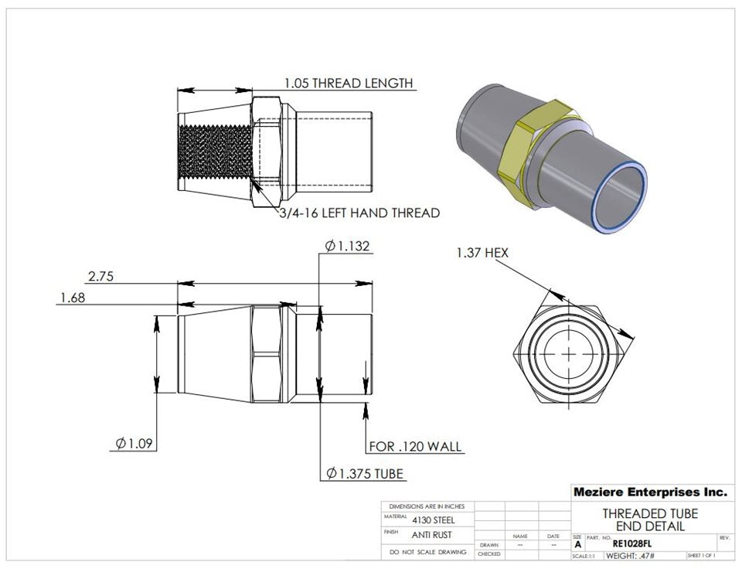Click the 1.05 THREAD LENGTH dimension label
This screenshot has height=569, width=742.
pos(348,83)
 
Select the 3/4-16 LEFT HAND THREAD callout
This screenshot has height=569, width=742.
pos(359,213)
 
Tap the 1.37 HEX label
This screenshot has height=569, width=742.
pos(482,253)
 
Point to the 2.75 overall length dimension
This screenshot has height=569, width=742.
pos(101,276)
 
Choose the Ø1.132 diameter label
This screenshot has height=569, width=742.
pos(348,247)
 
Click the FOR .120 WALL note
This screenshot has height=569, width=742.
pos(414,446)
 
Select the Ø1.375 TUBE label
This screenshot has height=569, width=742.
pos(364,473)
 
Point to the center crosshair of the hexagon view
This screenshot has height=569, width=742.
pos(570,353)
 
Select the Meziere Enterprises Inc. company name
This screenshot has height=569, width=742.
pos(649,492)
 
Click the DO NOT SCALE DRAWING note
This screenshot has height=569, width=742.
pos(428,552)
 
